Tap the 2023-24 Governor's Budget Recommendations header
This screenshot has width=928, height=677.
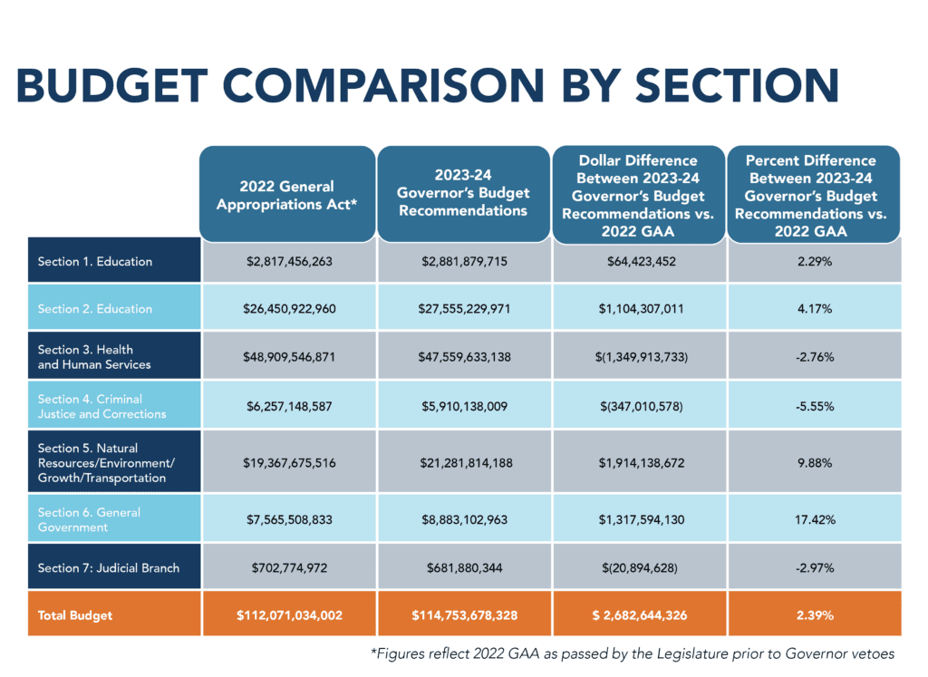tap(466, 195)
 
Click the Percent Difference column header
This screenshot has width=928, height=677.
tap(812, 195)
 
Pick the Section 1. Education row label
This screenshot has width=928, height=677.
tap(95, 262)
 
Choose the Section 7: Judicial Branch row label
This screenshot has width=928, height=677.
tap(109, 568)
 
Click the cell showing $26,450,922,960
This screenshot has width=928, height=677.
tap(290, 309)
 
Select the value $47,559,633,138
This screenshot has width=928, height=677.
tap(466, 357)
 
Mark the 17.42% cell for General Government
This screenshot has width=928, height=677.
tap(812, 520)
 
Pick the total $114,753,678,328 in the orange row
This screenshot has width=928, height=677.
tap(466, 615)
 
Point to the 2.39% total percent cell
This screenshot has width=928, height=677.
tap(812, 615)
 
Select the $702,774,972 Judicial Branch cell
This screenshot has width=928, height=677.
tap(290, 568)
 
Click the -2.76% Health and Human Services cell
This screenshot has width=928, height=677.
tap(812, 357)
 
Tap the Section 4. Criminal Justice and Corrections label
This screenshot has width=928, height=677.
tap(101, 406)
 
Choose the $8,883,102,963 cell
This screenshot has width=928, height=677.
tap(466, 520)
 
